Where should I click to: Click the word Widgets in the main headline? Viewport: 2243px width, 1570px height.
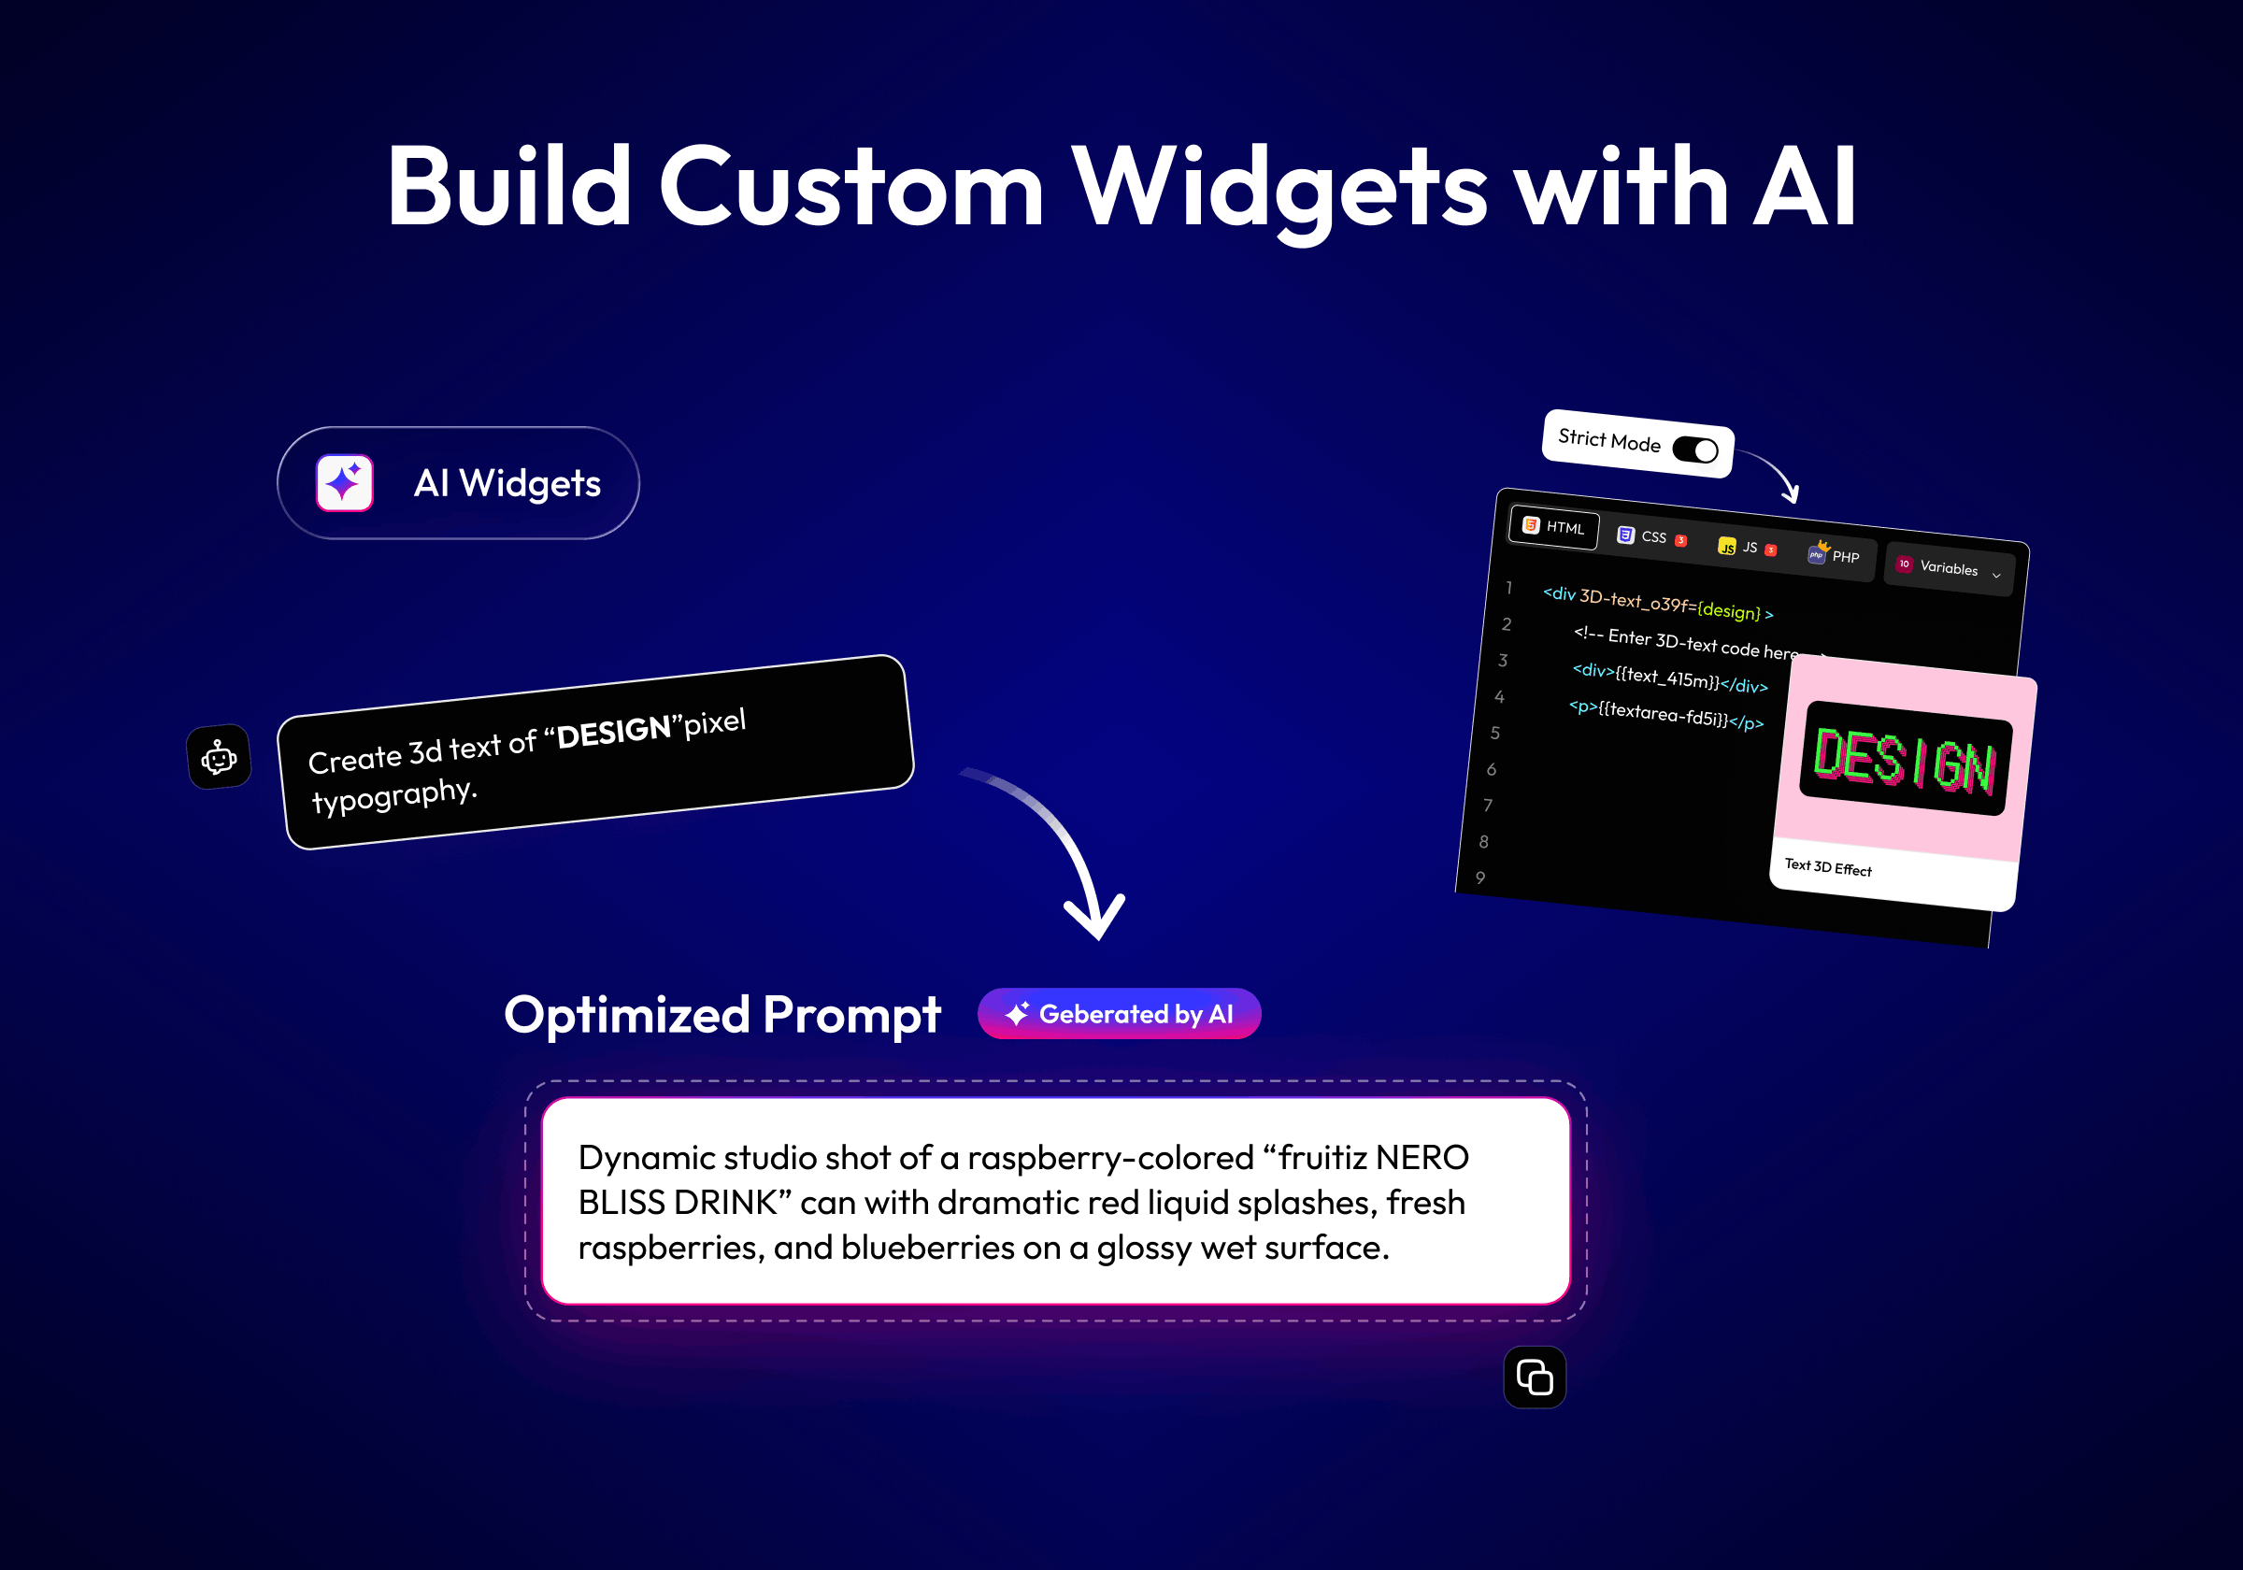(1279, 189)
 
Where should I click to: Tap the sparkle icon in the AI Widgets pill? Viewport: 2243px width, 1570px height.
(345, 482)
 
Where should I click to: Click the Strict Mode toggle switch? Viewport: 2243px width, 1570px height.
(1695, 450)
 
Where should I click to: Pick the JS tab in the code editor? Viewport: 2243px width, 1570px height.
(1747, 547)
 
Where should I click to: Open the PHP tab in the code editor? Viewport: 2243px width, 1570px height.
(1834, 555)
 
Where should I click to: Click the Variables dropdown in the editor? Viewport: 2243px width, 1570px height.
(1948, 567)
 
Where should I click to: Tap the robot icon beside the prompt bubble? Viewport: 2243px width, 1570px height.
(219, 757)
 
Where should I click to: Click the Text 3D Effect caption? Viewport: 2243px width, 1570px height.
(1828, 867)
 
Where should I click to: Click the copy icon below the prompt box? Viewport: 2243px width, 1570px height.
(1535, 1377)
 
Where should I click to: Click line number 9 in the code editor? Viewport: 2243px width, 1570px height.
(1481, 878)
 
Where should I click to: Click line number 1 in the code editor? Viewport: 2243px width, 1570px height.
(1509, 587)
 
